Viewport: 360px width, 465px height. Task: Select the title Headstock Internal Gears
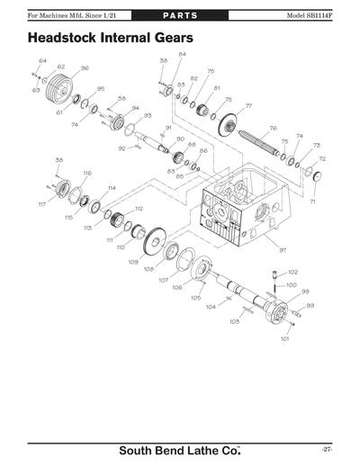coord(109,40)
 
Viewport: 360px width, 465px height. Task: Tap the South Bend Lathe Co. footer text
coord(180,450)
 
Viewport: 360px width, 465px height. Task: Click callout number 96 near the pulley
coord(85,67)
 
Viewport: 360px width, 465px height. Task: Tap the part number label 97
coord(282,249)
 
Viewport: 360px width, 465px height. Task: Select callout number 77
coord(248,106)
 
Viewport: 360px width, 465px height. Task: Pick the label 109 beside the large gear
coord(132,261)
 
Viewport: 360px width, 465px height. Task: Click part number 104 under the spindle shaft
coord(211,307)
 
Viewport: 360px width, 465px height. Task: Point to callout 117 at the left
coord(41,205)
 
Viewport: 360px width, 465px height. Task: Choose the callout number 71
coord(312,202)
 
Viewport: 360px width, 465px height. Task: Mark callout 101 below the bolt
coord(284,339)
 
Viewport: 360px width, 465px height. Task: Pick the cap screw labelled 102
coord(271,274)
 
